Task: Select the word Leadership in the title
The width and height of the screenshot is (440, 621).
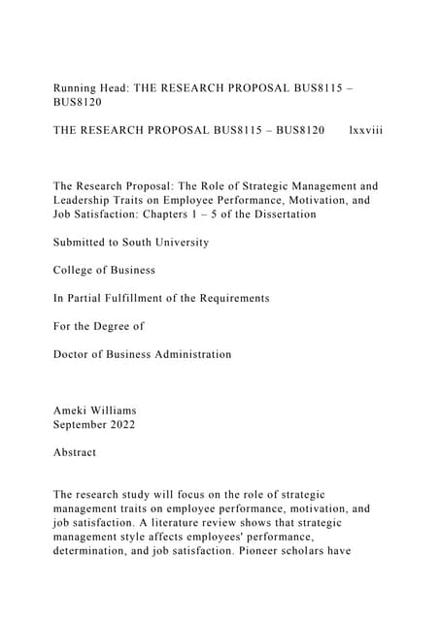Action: pos(88,199)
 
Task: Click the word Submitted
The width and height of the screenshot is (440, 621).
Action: pos(84,242)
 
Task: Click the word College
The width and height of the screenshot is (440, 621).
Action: pos(75,270)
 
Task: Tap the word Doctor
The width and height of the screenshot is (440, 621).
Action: pos(74,354)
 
